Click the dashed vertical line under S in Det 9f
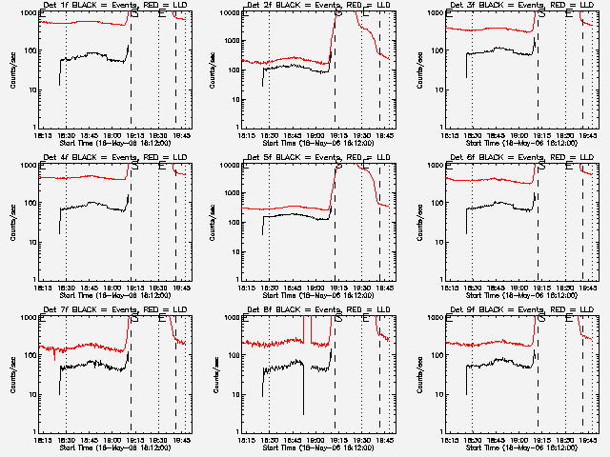click(539, 381)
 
